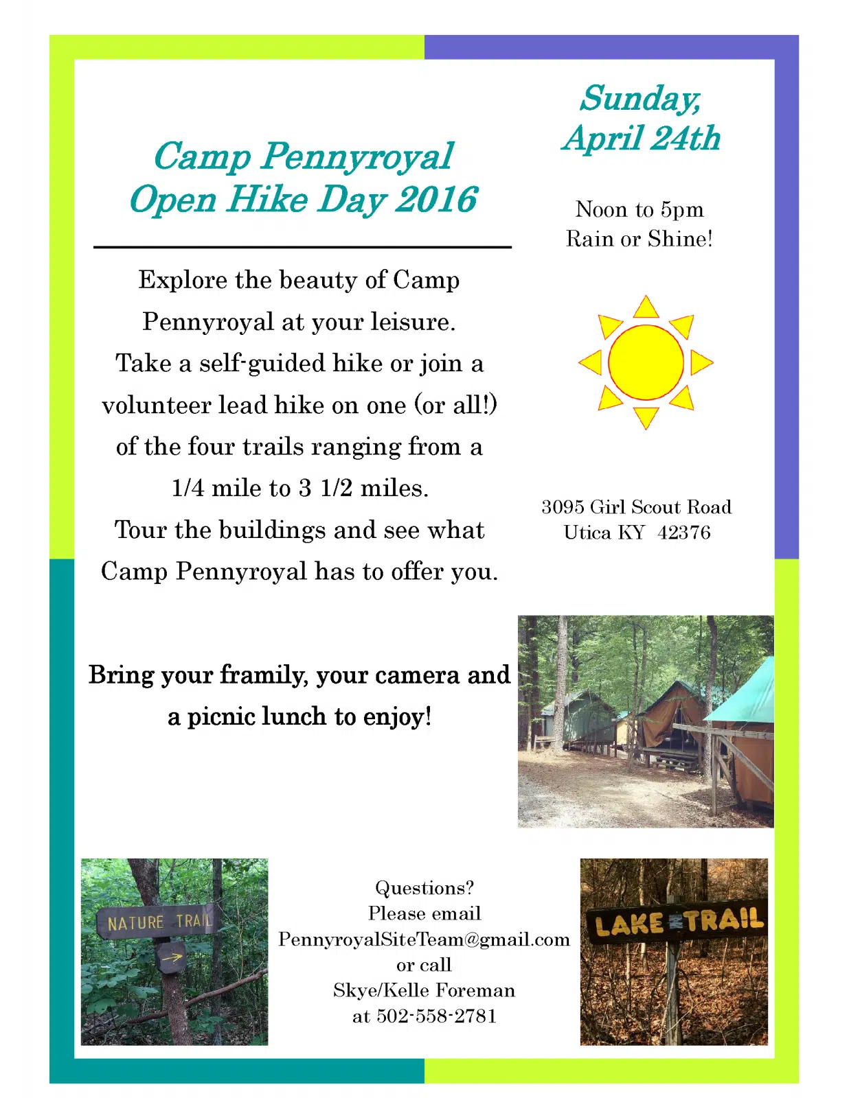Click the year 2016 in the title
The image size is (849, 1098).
pos(436,199)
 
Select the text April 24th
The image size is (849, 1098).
pos(641,138)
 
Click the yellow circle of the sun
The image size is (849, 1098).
pos(646,362)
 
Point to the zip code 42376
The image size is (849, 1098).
pos(683,533)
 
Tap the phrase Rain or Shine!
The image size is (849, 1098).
pos(639,239)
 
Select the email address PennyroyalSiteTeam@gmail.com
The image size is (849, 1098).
pos(424,939)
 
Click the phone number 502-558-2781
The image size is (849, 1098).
pos(436,1016)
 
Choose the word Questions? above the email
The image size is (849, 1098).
pos(424,888)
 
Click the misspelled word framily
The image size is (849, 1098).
pos(264,675)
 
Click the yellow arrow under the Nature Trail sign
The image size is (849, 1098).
pos(172,957)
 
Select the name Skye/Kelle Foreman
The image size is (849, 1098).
pos(424,990)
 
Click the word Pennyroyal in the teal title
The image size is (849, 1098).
pos(357,156)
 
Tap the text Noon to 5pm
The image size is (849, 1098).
pos(639,210)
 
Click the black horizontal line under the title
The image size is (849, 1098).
pos(302,247)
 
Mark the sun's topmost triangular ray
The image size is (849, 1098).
pos(646,308)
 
